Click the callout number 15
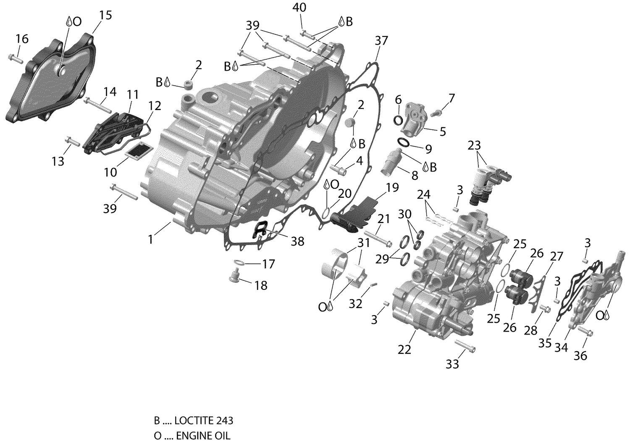(105, 16)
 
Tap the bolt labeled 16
(15, 58)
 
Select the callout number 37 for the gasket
(381, 41)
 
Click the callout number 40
(299, 8)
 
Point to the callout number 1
(150, 239)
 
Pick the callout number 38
(297, 241)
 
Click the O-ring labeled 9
(404, 143)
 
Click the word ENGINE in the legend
(191, 436)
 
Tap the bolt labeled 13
(73, 142)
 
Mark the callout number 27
(557, 256)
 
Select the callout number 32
(355, 303)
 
